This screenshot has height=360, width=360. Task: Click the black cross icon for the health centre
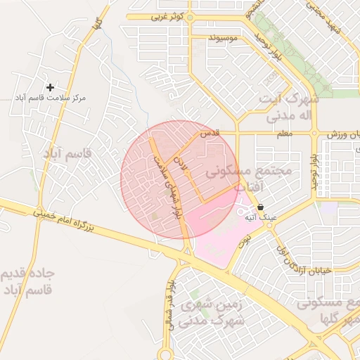pyautogui.click(x=50, y=87)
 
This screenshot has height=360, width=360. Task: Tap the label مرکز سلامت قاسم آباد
pyautogui.click(x=53, y=99)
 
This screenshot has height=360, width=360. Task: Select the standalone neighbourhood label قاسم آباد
pyautogui.click(x=68, y=153)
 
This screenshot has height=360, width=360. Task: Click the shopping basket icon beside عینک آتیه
pyautogui.click(x=262, y=207)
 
